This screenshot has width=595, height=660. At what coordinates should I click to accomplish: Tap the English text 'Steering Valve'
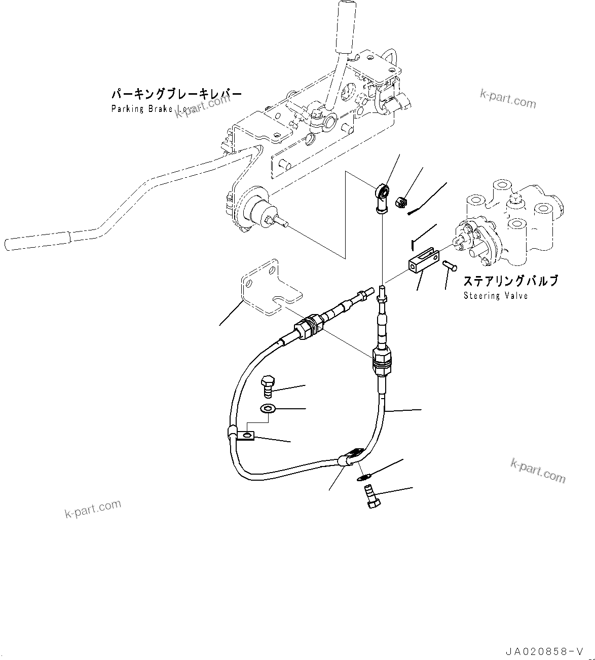(495, 296)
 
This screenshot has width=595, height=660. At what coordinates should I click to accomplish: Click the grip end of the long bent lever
(35, 241)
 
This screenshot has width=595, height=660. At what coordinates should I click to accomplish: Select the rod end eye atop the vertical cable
(383, 193)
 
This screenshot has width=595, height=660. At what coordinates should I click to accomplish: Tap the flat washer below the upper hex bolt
(267, 408)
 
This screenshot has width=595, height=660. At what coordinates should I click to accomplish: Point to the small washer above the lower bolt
(364, 476)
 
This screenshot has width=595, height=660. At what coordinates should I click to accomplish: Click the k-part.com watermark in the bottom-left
(93, 509)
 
